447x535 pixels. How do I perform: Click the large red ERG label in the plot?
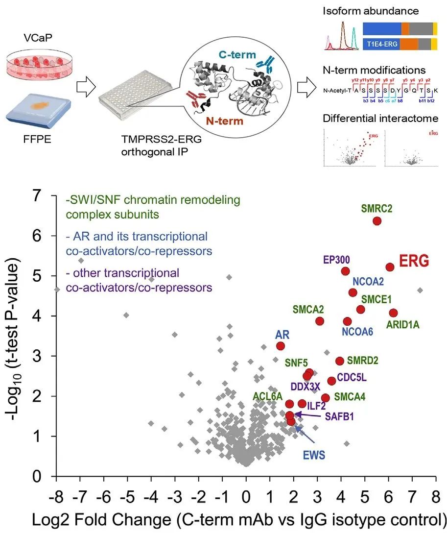pyautogui.click(x=414, y=261)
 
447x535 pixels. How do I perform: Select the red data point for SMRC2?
pyautogui.click(x=377, y=221)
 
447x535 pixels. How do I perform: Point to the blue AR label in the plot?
pyautogui.click(x=282, y=335)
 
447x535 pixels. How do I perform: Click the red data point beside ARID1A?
pyautogui.click(x=393, y=313)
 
